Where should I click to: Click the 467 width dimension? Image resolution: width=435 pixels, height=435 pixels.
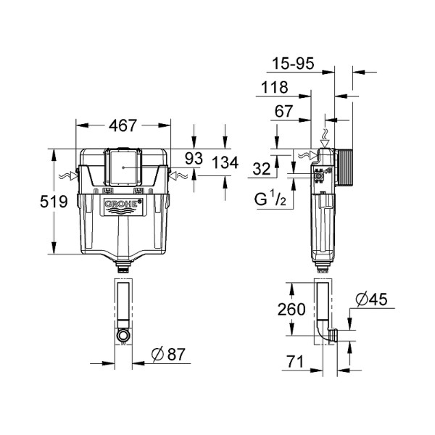point(123,125)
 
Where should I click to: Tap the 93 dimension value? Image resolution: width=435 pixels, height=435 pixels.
point(194,157)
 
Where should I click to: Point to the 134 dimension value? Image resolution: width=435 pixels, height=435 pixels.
point(225,164)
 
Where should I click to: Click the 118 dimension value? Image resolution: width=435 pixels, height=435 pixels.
point(275,88)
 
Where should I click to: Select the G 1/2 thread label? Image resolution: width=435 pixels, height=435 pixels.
point(275,198)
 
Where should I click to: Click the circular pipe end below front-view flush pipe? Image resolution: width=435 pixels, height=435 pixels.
point(124,336)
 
